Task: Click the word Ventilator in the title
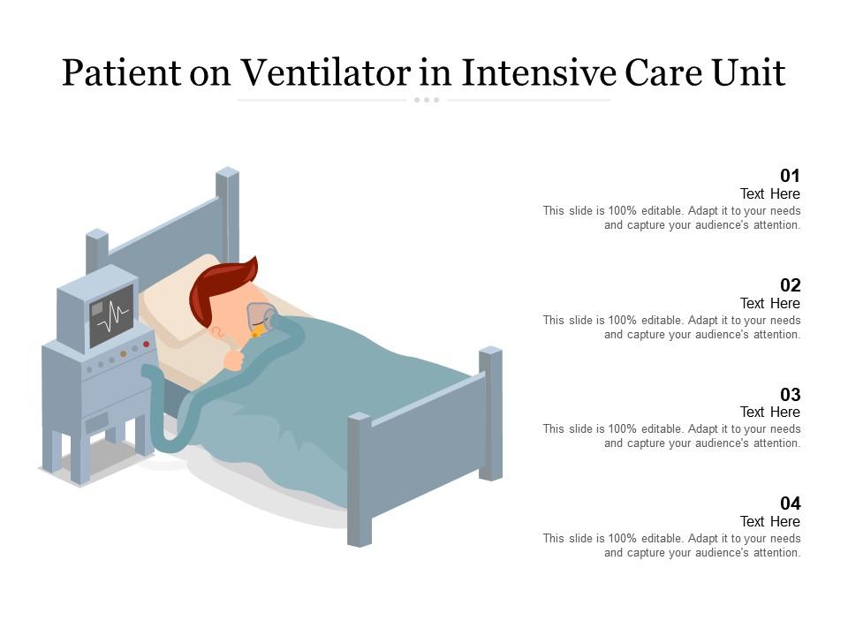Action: [326, 73]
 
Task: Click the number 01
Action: [790, 175]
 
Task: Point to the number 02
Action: [790, 284]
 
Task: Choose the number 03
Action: [790, 394]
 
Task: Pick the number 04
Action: [790, 503]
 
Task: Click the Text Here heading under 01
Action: [769, 193]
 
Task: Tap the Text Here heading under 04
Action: [769, 521]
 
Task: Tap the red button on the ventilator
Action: [146, 344]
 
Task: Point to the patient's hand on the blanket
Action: [234, 359]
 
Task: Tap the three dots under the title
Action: [426, 100]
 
